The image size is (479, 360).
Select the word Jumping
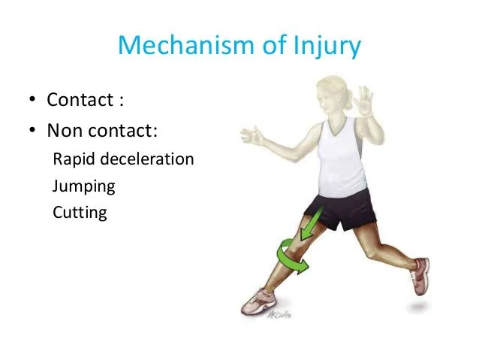click(x=83, y=186)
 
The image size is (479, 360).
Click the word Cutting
click(x=80, y=212)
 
